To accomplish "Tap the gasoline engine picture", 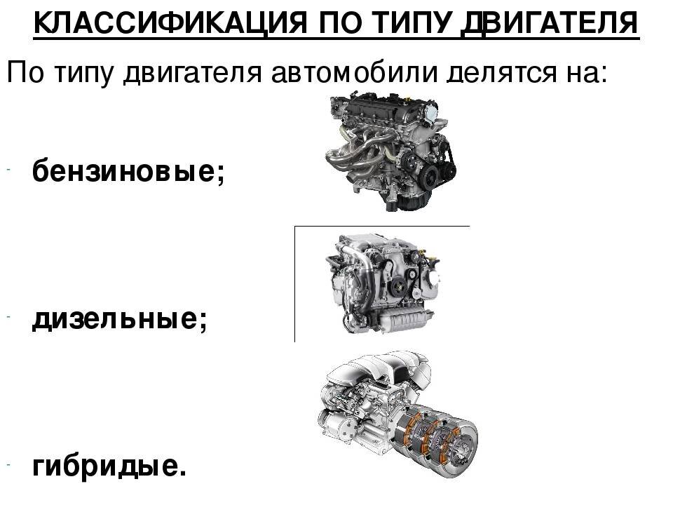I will click(x=390, y=151).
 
